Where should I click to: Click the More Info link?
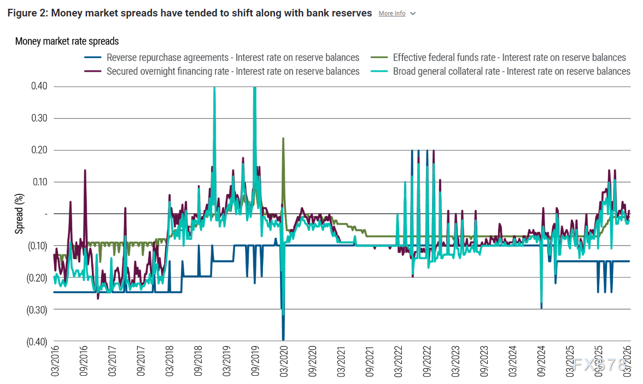point(392,13)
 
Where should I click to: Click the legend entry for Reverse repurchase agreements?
point(233,58)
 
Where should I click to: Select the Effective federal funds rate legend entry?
point(509,58)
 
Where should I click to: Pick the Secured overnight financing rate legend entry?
point(233,71)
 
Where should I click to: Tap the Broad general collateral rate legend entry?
point(511,71)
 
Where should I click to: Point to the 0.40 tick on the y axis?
point(39,87)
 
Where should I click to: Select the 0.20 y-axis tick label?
point(39,150)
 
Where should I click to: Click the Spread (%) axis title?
point(20,214)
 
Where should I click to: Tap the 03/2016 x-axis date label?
point(55,363)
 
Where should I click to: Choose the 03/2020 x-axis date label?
point(283,363)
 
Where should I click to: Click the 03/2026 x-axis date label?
point(628,363)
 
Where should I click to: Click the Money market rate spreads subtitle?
point(67,41)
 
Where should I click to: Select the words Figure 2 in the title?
point(27,13)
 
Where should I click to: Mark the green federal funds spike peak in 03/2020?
point(283,139)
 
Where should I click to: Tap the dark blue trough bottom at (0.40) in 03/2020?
point(283,340)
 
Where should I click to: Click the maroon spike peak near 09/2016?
point(85,170)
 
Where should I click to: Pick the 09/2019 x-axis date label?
point(255,363)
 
